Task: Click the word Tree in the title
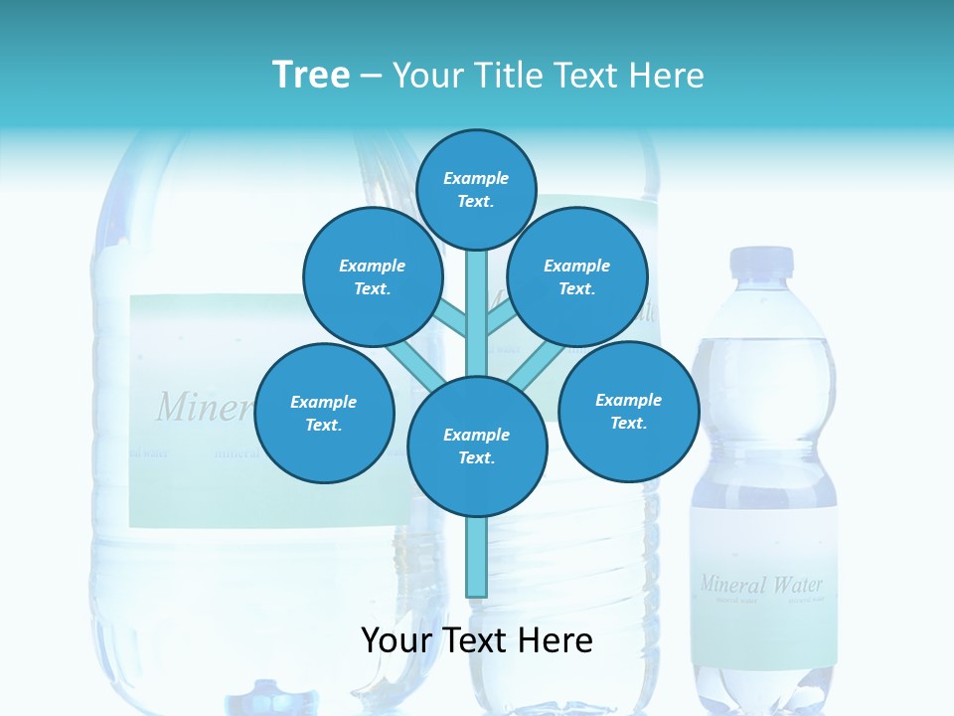311,76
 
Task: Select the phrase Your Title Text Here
549,76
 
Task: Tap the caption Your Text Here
477,640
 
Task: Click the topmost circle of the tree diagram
477,189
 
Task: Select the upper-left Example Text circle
373,277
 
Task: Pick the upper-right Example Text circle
577,277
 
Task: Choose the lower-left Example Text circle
324,414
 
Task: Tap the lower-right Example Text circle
629,412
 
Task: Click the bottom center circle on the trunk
477,447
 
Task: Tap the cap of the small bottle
762,262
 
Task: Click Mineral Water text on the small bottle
762,584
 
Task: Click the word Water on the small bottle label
798,584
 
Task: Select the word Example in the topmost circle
476,179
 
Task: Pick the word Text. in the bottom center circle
476,458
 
